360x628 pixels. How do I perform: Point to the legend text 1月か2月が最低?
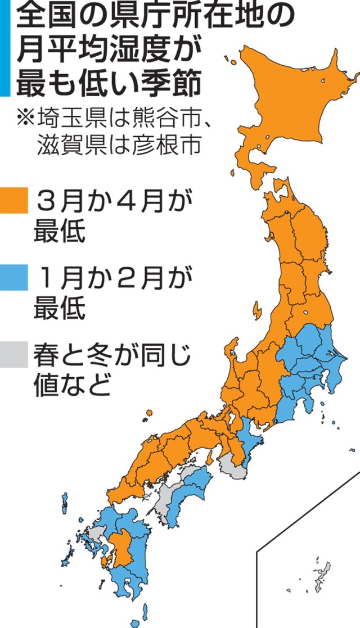(107, 292)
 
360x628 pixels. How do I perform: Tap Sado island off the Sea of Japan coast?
(257, 311)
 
